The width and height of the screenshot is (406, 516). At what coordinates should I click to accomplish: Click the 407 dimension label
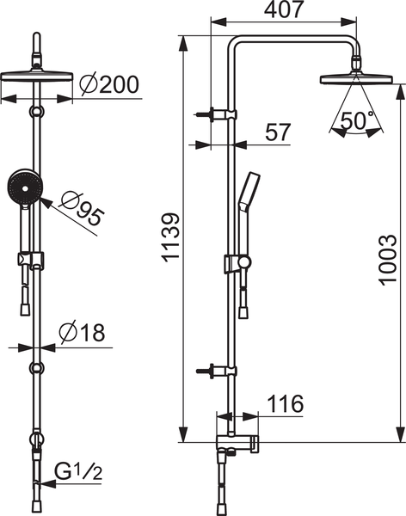tap(283, 9)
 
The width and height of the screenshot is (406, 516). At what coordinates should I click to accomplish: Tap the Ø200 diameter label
tap(109, 84)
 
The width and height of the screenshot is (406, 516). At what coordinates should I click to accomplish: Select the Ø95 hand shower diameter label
tap(83, 209)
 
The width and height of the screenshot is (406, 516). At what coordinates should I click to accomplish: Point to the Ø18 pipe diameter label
tap(82, 332)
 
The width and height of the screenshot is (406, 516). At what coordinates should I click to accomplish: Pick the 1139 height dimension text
tap(171, 237)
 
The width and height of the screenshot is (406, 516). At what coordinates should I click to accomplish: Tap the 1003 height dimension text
tap(387, 260)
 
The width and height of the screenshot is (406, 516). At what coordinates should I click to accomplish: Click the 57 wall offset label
tap(278, 132)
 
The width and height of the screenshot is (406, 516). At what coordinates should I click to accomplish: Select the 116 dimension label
tap(286, 403)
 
